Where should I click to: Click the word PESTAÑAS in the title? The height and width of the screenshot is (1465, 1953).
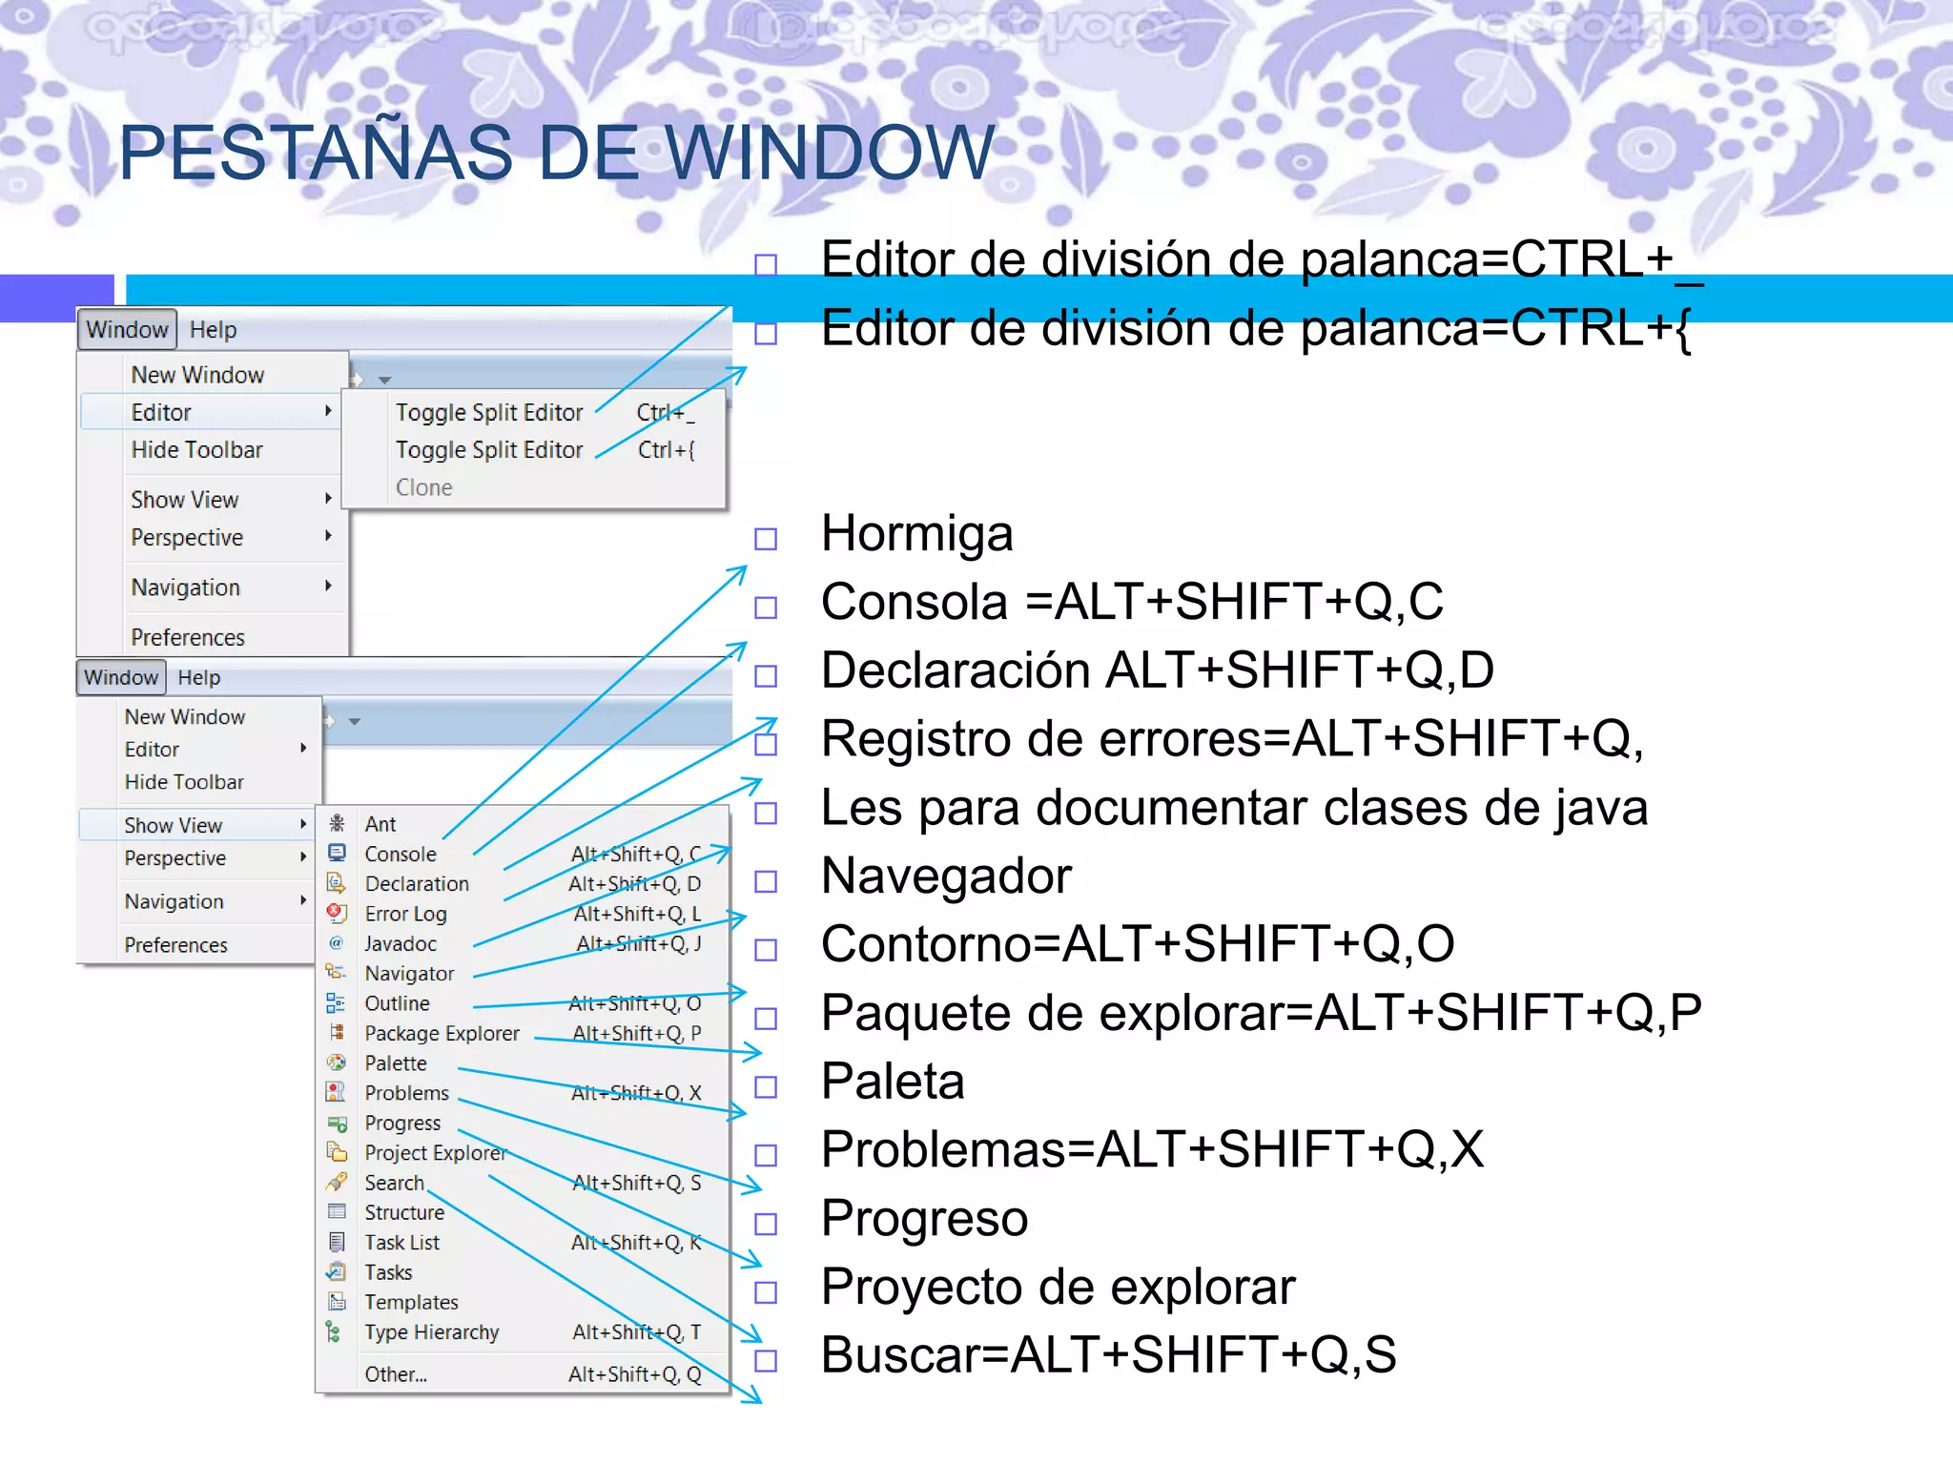pos(315,153)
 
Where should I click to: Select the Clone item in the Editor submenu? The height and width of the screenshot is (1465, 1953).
pos(423,487)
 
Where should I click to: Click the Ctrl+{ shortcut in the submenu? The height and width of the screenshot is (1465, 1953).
pos(666,449)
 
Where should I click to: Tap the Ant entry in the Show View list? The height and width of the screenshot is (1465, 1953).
pos(380,824)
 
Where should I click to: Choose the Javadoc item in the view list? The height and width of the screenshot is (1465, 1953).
pos(400,943)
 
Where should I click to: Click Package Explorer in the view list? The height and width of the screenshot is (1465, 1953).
pos(442,1033)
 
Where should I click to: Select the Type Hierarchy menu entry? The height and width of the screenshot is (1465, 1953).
pos(431,1332)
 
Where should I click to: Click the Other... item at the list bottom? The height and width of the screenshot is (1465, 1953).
pos(395,1374)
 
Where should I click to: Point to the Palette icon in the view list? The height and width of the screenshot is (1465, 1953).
pos(337,1063)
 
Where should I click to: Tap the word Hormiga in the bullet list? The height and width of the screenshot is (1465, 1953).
pos(916,534)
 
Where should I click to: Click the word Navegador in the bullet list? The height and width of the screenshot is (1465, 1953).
pos(946,876)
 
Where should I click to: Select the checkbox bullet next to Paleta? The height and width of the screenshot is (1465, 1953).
pos(766,1086)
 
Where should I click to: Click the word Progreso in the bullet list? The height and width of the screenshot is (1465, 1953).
pos(924,1218)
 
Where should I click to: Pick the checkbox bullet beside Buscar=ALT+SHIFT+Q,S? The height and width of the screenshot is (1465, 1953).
pos(766,1360)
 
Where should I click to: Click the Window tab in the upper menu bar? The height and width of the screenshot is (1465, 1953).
pos(127,330)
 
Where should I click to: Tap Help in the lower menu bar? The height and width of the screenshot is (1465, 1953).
pos(198,677)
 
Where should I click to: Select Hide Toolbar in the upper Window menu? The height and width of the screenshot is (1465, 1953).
pos(196,449)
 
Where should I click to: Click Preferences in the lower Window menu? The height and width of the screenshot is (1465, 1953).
pos(175,945)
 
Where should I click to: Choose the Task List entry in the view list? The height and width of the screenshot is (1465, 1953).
pos(401,1243)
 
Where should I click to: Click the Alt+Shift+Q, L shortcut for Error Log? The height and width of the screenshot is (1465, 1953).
pos(636,914)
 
